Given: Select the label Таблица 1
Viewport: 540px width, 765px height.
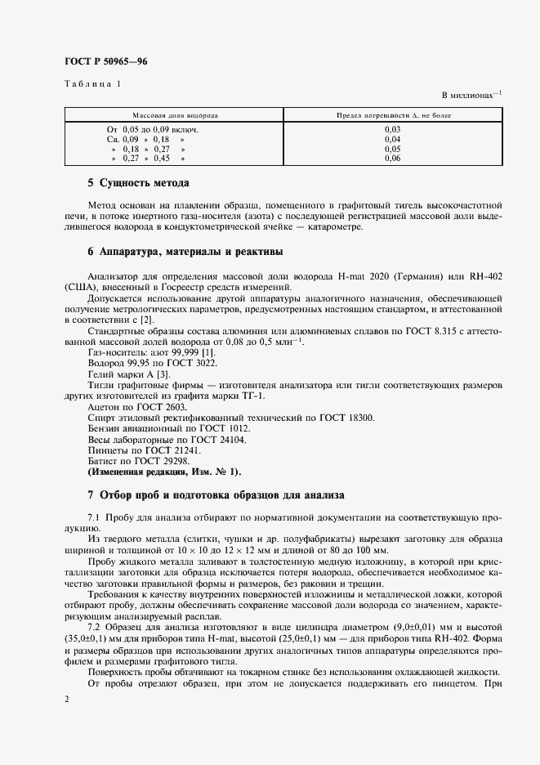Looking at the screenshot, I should coord(91,84).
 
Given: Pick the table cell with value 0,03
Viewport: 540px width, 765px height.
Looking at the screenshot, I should coord(392,129).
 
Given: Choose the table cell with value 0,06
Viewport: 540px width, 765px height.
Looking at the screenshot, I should coord(392,159).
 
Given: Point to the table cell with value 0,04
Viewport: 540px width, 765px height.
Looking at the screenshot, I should coord(392,139).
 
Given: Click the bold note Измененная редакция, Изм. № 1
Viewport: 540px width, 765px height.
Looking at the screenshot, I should coord(164,472).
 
